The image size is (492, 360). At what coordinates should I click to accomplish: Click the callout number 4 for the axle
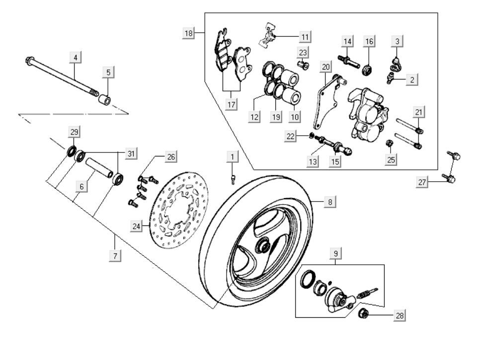pyautogui.click(x=75, y=58)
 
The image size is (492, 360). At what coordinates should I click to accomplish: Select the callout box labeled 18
pyautogui.click(x=189, y=33)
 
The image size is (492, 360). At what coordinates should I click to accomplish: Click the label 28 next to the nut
pyautogui.click(x=399, y=315)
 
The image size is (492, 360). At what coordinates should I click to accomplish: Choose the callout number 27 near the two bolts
pyautogui.click(x=422, y=183)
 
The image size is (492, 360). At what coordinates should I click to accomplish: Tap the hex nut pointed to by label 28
pyautogui.click(x=363, y=313)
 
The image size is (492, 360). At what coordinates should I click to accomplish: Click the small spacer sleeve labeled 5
pyautogui.click(x=104, y=100)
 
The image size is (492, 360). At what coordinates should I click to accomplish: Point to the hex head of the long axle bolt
pyautogui.click(x=28, y=61)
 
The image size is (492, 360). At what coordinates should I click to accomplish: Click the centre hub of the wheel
pyautogui.click(x=262, y=245)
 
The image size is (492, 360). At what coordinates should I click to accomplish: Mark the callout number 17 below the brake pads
pyautogui.click(x=232, y=104)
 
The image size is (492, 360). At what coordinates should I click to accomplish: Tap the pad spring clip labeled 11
pyautogui.click(x=270, y=35)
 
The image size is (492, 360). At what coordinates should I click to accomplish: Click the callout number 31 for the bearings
pyautogui.click(x=131, y=154)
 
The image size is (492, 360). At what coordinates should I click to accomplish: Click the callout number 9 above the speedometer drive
pyautogui.click(x=336, y=254)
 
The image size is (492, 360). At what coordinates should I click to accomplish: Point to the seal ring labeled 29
pyautogui.click(x=72, y=150)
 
